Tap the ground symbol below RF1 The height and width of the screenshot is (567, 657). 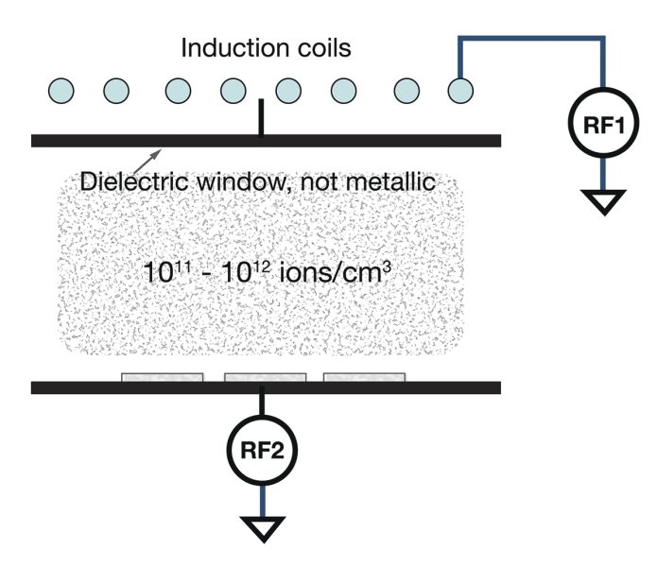coord(600,201)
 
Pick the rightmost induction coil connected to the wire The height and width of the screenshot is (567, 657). coord(459,90)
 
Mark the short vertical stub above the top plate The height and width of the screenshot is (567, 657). coord(262,121)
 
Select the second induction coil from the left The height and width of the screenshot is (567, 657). coord(116,90)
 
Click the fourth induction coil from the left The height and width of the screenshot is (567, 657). coord(233,90)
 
